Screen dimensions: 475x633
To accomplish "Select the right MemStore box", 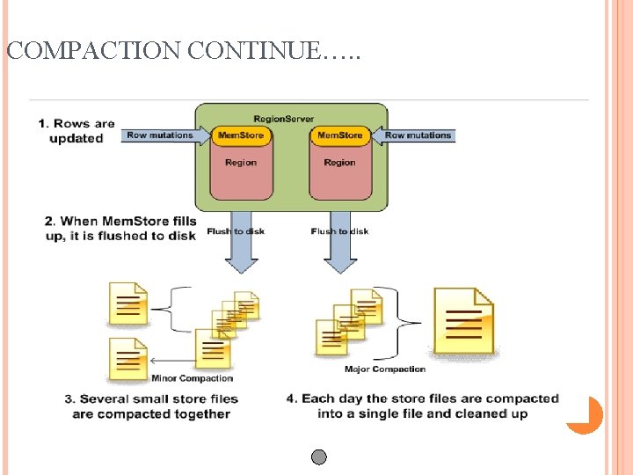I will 339,135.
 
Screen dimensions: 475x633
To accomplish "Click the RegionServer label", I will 283,118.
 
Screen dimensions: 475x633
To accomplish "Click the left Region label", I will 241,162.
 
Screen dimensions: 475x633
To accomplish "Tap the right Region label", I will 339,162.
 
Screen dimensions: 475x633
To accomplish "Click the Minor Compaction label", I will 193,378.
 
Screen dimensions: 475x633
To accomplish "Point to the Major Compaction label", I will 385,369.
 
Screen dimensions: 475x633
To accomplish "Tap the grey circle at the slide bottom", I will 319,457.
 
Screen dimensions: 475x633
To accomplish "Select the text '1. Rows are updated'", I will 76,131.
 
